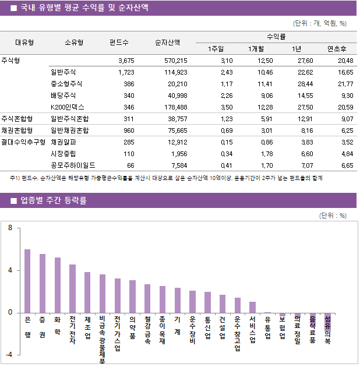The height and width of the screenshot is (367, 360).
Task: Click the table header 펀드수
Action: [119, 42]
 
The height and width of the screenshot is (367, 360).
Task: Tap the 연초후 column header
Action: [337, 48]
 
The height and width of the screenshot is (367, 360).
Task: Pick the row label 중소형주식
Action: [67, 84]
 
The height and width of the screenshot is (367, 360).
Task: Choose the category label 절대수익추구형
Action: [23, 142]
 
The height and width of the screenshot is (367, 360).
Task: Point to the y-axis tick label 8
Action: [10, 228]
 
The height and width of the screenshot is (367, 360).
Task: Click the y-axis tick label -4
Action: [9, 354]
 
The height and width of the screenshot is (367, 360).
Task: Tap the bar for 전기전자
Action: [72, 288]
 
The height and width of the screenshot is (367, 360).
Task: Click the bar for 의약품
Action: [132, 296]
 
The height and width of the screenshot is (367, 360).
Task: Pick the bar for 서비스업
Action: [252, 307]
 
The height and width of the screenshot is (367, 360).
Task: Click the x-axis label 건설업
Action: [223, 331]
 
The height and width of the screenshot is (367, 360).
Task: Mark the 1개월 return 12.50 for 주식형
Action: [265, 61]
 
